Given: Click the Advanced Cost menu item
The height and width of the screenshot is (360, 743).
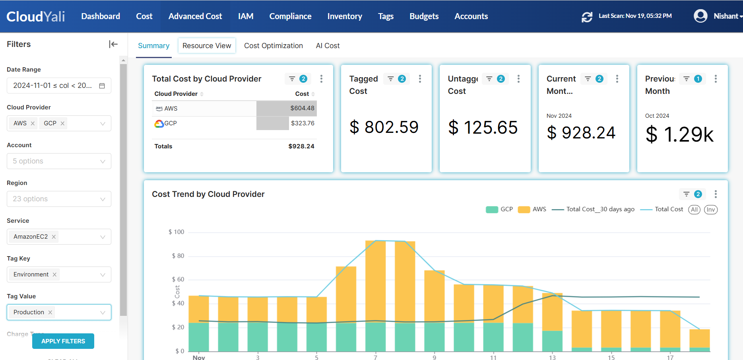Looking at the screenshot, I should [x=195, y=16].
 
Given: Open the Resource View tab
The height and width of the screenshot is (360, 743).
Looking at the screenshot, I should [x=207, y=46].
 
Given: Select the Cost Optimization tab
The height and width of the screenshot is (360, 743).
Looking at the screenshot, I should [x=273, y=46].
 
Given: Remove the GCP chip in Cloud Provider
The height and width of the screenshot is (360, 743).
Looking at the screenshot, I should [x=62, y=123].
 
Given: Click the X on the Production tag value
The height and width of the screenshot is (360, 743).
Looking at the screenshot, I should [x=50, y=312].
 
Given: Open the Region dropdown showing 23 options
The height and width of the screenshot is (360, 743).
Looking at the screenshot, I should [x=59, y=199].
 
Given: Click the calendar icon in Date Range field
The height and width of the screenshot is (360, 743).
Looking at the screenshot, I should [x=102, y=86].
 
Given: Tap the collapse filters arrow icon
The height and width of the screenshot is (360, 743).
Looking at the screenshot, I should [x=113, y=44].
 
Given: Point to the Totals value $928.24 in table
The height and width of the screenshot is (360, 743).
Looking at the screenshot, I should [x=301, y=146].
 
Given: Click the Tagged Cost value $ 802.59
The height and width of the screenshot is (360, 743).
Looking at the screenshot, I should [x=384, y=127].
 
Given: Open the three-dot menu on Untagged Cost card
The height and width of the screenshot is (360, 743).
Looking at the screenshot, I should [x=518, y=79].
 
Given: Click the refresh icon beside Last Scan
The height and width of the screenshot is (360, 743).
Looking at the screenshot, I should [x=587, y=17].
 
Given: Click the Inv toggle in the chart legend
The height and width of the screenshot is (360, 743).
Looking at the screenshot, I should [x=710, y=210].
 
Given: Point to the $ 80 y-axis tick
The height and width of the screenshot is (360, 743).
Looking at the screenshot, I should [x=178, y=256].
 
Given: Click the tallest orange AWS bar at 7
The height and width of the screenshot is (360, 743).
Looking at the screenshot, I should [x=375, y=278].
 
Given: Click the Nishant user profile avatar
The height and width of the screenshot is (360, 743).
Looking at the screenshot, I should [x=700, y=16].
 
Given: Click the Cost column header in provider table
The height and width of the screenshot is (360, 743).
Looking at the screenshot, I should [x=302, y=94].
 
